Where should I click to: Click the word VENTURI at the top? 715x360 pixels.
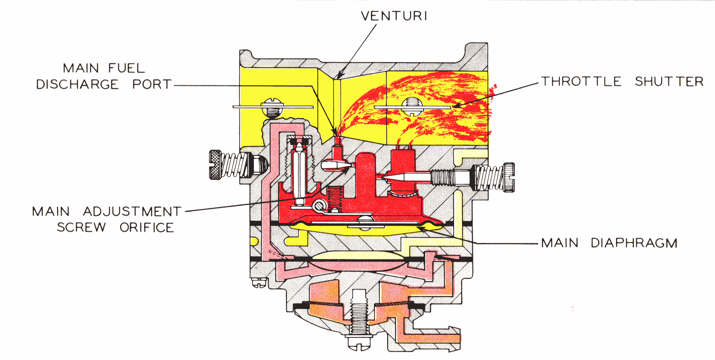pos(394,16)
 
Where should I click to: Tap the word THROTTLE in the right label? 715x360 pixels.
pos(581,81)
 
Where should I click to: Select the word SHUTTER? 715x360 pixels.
pos(669,81)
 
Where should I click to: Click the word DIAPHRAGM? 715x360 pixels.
pos(634,243)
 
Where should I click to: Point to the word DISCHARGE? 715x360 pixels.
pos(77,84)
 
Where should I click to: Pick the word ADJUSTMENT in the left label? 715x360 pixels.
pos(132,212)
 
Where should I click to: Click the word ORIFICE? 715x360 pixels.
pos(147,228)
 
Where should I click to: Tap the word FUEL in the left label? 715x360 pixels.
pos(126,68)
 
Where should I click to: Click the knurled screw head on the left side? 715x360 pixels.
pos(215,165)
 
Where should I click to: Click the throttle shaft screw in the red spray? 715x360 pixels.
pos(412,107)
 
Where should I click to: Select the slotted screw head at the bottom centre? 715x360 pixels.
pos(359,342)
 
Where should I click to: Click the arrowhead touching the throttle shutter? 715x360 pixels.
pos(457,105)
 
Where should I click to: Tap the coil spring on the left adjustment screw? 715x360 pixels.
pos(232,165)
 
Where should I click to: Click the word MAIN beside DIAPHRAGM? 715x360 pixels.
pos(560,243)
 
